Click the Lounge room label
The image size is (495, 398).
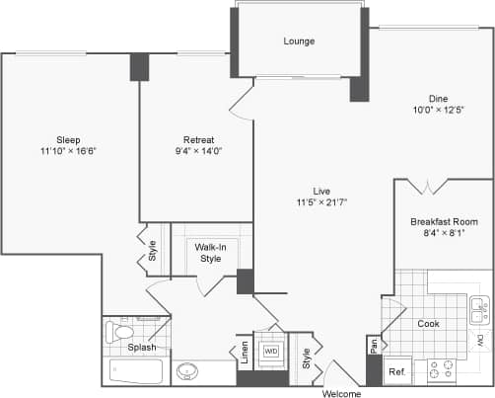[x=298, y=41]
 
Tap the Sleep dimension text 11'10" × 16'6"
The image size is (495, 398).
[x=67, y=151]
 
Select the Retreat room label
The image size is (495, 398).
[x=198, y=139]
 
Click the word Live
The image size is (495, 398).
[x=321, y=190]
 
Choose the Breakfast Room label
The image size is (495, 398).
[x=444, y=221]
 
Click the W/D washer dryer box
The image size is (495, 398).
[x=270, y=352]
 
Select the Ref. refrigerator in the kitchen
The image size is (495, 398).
[x=395, y=372]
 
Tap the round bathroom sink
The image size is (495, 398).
[x=188, y=373]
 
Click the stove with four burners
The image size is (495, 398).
[x=440, y=371]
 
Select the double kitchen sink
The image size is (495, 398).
[x=479, y=311]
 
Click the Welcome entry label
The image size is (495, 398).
[x=342, y=393]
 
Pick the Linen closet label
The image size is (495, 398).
[x=244, y=353]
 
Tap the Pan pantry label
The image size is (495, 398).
[x=374, y=346]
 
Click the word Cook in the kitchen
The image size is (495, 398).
[x=427, y=324]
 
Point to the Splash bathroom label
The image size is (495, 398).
[x=141, y=347]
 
